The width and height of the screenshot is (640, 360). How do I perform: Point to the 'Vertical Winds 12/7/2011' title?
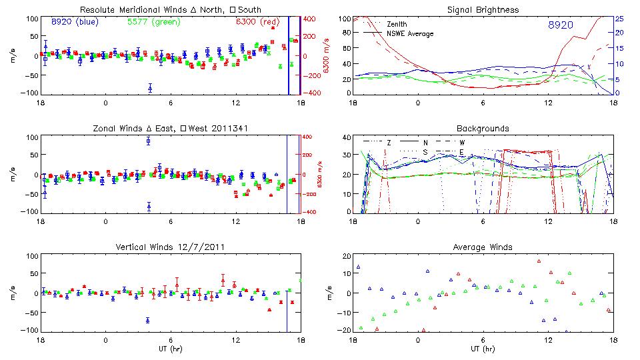point(170,247)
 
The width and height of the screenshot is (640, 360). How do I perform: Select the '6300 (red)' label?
point(258,22)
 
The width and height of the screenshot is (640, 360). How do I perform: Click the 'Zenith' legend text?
point(397,24)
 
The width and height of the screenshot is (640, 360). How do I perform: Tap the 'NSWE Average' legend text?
point(410,33)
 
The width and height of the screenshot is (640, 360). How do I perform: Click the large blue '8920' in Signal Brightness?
point(561,25)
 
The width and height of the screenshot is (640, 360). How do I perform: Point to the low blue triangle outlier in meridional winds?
point(150,88)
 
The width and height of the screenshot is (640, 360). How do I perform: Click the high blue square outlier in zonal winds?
point(149,141)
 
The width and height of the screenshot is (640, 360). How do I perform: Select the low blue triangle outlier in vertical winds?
point(147,321)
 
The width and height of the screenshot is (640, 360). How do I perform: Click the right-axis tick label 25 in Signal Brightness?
point(619,19)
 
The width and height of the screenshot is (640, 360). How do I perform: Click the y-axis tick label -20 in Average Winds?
point(344,330)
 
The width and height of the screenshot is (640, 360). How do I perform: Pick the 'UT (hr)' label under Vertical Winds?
point(170,349)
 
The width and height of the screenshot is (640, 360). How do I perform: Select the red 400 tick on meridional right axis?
point(311,19)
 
